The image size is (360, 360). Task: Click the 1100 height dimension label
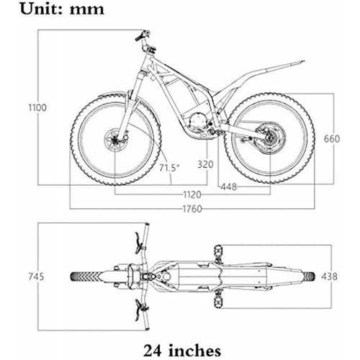tap(37, 107)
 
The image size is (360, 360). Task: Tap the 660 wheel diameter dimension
tap(332, 139)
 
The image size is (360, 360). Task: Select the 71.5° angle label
tap(169, 168)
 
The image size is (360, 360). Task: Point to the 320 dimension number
tap(205, 164)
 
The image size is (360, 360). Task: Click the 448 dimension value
tap(229, 186)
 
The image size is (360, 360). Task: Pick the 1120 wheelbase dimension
tap(192, 194)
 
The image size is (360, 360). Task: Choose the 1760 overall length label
tap(192, 209)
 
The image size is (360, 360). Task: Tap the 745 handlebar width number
tap(36, 276)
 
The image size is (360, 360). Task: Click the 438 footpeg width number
tap(330, 276)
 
